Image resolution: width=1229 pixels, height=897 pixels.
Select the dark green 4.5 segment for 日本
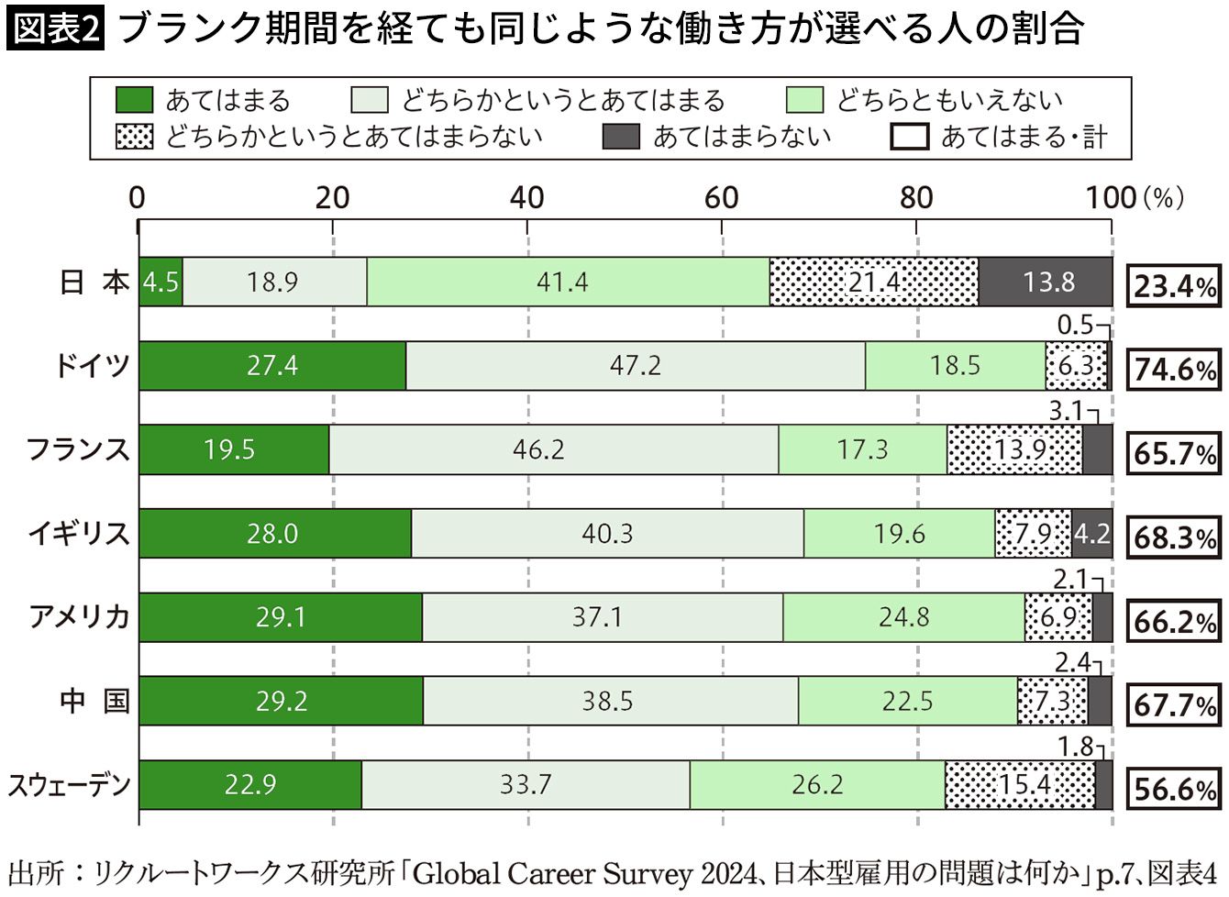click(161, 282)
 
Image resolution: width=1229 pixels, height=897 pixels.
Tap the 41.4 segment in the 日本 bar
click(568, 282)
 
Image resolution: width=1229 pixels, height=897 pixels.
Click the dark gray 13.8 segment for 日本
click(1046, 282)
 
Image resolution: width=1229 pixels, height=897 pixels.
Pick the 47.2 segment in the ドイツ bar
click(636, 365)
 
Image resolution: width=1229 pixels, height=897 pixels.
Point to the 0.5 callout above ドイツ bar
click(1075, 325)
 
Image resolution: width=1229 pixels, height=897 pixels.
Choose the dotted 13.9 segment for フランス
click(1015, 449)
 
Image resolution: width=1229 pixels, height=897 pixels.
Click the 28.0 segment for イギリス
click(275, 533)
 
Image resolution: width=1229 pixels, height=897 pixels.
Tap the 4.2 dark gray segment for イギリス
click(1091, 533)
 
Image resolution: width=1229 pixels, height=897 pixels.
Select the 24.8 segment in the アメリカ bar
click(903, 617)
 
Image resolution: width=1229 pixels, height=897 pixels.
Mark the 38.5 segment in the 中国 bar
click(611, 701)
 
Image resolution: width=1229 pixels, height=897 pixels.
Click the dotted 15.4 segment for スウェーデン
click(1020, 784)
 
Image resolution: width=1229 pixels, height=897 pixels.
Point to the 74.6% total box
click(1174, 370)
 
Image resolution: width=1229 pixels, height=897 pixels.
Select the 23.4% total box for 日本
click(1174, 285)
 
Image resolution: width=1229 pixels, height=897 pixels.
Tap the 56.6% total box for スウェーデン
click(1174, 789)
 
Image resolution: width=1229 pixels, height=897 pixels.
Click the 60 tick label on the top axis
click(721, 197)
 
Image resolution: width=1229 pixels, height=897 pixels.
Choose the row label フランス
click(78, 449)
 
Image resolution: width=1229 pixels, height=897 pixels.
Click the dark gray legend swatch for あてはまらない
click(621, 136)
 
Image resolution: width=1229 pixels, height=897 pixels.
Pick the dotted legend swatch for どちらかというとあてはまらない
click(135, 136)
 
